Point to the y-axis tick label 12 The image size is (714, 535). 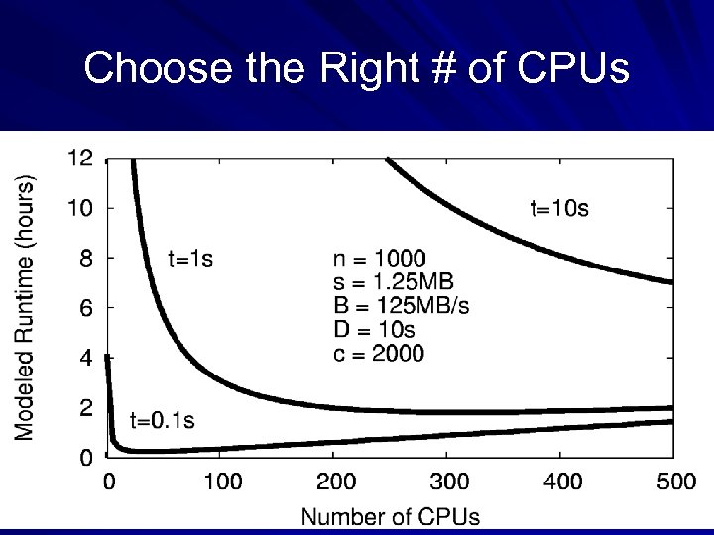click(80, 158)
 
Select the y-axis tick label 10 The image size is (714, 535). click(80, 208)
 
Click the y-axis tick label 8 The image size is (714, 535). click(86, 258)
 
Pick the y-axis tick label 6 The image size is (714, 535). click(86, 308)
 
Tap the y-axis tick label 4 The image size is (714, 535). click(86, 358)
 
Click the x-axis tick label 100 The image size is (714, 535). click(222, 482)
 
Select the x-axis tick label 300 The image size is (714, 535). click(449, 482)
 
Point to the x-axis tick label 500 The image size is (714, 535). click(676, 482)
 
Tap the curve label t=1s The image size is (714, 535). click(190, 259)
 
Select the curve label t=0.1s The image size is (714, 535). click(163, 419)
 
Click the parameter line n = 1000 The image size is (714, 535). click(380, 259)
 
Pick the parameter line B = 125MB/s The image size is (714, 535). click(401, 305)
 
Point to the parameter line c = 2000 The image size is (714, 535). click(379, 353)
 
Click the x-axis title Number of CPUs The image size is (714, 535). click(390, 516)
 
